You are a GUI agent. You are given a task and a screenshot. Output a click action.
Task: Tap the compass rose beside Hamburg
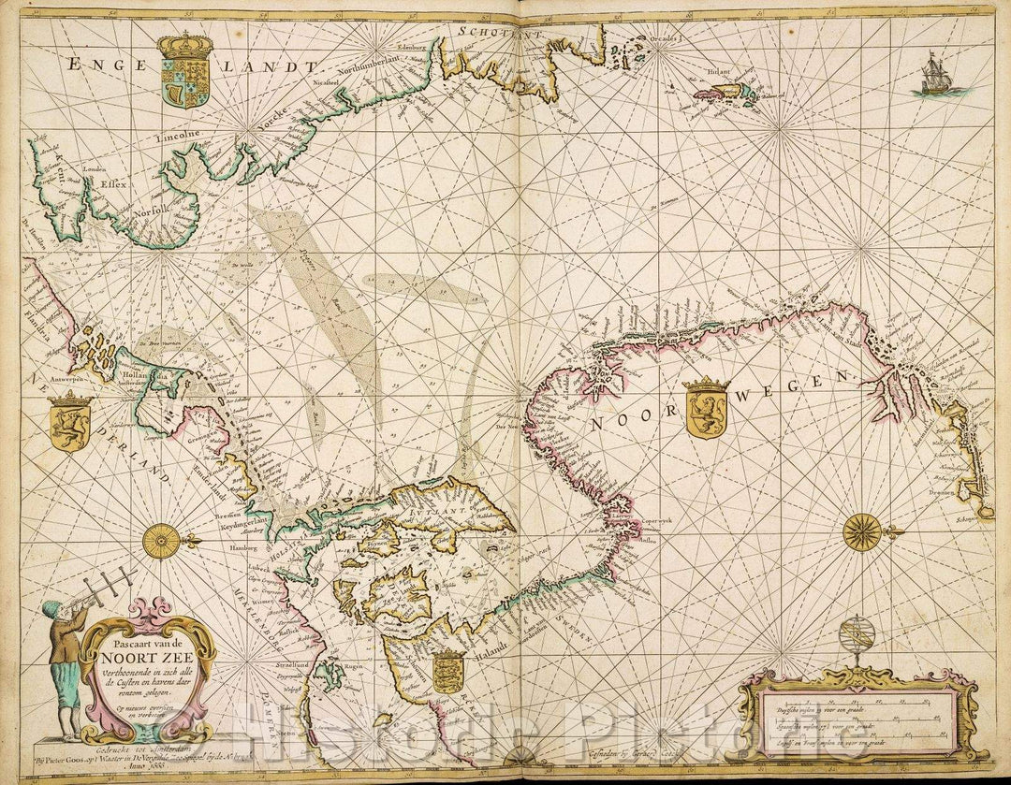(162, 541)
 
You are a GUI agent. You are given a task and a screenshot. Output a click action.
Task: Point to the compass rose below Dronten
(861, 532)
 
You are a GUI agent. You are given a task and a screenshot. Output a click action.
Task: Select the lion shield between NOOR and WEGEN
(706, 409)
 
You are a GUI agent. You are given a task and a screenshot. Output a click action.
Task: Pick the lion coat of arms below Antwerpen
(69, 421)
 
